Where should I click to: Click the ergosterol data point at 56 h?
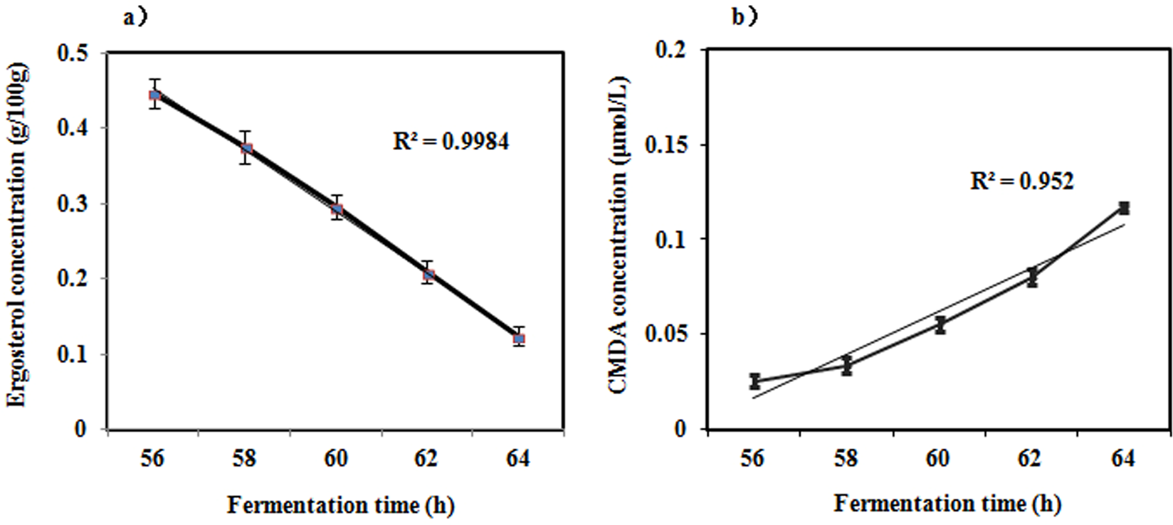154,95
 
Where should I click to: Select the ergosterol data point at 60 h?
337,210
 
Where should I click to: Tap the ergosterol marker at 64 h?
519,339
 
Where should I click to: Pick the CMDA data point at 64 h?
1124,208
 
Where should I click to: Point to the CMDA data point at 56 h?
754,381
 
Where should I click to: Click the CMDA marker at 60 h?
940,325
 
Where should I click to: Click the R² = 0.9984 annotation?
451,142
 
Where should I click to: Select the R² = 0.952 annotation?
1022,181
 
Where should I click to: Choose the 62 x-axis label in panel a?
427,459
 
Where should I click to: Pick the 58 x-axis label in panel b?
846,459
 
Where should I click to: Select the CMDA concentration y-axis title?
617,235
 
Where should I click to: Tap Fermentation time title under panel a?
341,505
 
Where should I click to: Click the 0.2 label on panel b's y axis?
675,50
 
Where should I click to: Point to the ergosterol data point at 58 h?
246,149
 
